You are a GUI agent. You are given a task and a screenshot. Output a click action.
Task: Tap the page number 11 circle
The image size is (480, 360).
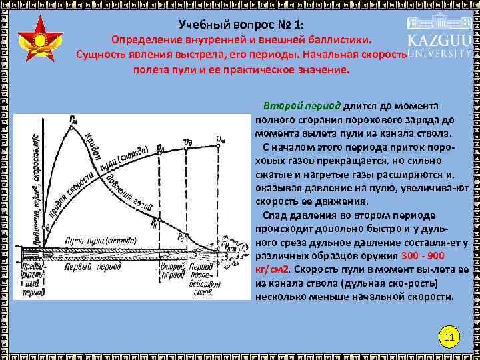click(449, 337)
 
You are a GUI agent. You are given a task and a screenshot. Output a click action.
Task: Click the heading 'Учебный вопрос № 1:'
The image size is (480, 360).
click(241, 23)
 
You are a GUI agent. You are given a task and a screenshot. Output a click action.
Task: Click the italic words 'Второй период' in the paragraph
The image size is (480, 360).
click(301, 105)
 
